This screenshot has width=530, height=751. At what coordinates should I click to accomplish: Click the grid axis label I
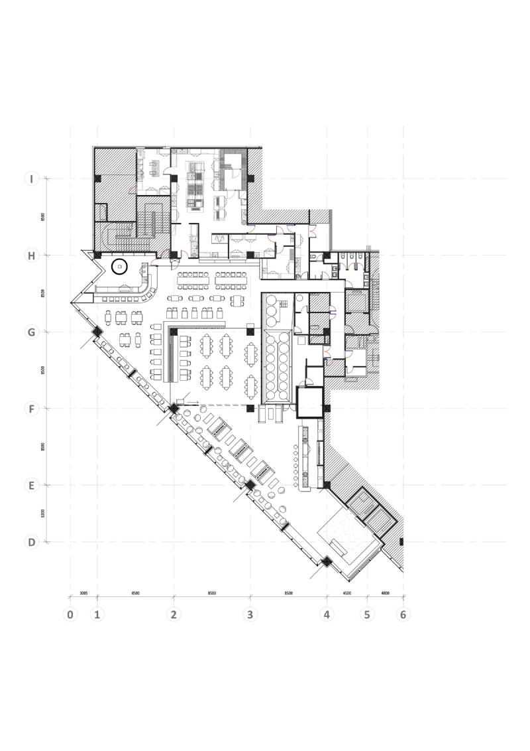click(30, 178)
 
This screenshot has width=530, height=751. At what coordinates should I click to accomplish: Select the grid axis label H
click(30, 255)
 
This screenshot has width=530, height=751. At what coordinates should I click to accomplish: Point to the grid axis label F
click(30, 409)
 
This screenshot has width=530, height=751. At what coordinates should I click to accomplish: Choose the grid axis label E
click(30, 485)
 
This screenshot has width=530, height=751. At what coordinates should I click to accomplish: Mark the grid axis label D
click(30, 542)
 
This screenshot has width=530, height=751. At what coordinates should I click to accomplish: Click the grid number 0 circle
click(70, 614)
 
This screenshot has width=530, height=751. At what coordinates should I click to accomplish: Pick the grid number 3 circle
click(250, 614)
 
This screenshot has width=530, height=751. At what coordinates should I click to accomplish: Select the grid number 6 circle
click(403, 614)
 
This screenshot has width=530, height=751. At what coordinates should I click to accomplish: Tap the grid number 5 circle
click(366, 614)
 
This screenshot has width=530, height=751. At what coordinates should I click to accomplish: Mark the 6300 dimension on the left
click(42, 513)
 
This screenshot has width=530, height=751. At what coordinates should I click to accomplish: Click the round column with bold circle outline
click(119, 267)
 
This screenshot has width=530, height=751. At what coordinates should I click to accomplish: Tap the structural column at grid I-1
click(97, 178)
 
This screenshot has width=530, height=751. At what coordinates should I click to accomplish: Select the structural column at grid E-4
click(327, 486)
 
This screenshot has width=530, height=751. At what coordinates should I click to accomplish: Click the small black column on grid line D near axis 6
click(401, 542)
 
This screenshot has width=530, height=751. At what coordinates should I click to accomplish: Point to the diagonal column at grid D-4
click(327, 562)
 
